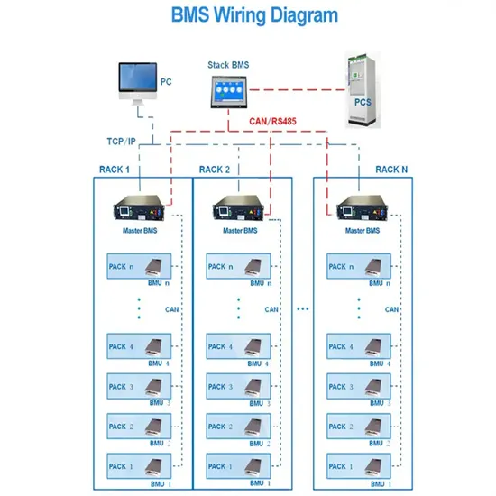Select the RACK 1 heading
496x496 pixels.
pos(115,169)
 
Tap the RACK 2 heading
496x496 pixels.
pos(215,169)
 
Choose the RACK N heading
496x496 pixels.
pos(391,169)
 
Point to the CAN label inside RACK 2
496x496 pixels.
pos(271,309)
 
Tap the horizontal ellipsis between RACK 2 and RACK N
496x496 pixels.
pos(302,309)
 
